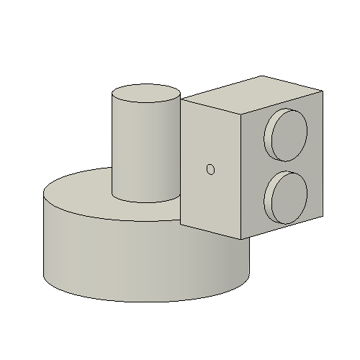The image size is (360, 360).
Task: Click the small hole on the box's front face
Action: [x=210, y=169]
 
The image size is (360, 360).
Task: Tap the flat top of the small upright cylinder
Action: [x=146, y=93]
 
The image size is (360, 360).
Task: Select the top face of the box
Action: [x=252, y=94]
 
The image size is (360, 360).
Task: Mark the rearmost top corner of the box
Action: [x=261, y=75]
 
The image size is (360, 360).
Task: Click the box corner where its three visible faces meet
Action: [x=240, y=114]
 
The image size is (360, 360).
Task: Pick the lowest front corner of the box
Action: [x=240, y=239]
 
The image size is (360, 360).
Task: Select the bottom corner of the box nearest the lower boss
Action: [x=322, y=214]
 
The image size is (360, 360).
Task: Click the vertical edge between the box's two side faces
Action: [x=240, y=176]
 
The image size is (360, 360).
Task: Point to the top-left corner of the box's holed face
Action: [x=180, y=98]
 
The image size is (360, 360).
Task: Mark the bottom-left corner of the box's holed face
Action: [x=180, y=224]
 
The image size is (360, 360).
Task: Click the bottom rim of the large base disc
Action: [x=144, y=302]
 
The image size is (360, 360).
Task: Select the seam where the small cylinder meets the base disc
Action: [x=144, y=202]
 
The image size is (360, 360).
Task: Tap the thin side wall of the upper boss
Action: [x=269, y=138]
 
